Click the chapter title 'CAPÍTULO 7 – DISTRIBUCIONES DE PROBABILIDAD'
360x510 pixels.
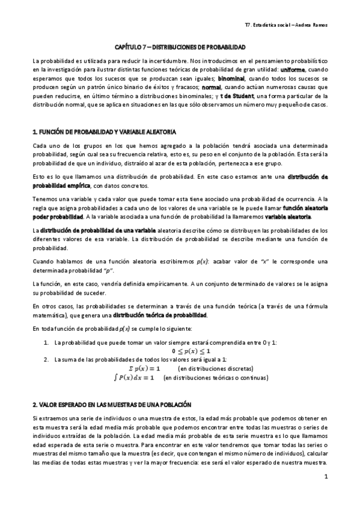click(x=180, y=46)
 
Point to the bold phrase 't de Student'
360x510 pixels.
click(x=238, y=96)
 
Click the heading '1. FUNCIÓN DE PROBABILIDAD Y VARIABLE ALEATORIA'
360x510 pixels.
click(x=104, y=131)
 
